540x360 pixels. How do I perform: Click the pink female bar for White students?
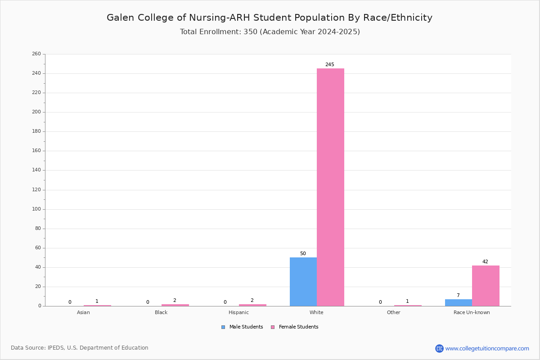330,187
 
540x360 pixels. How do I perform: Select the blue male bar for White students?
303,282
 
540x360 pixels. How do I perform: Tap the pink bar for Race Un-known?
486,286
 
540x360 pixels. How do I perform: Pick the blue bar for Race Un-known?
459,302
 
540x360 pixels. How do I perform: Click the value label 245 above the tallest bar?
330,64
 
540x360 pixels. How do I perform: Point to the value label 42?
485,261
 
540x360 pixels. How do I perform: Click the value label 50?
303,253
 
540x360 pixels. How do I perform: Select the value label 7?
458,295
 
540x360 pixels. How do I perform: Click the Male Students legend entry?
242,327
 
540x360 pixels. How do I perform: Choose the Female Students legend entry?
295,327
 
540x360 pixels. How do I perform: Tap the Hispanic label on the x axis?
238,312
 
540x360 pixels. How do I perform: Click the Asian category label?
83,312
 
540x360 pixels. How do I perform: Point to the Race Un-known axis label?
472,312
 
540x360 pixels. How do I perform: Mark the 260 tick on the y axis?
36,54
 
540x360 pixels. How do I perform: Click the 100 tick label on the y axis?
36,209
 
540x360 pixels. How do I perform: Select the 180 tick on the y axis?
36,131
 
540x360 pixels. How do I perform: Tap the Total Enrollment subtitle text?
270,31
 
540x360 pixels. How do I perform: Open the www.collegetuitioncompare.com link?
487,348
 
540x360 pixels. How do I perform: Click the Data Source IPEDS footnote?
80,348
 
